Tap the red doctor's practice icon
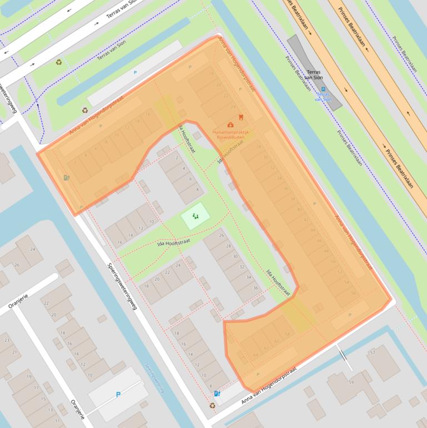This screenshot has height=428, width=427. pos(230,125)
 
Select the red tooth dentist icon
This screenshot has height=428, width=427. pos(240,117)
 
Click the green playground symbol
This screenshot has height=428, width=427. pos(195,216)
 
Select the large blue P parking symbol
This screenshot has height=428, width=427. pos(118,395)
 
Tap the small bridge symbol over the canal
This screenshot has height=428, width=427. pos(345,356)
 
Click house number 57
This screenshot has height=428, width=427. pos(372,352)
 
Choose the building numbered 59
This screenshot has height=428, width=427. pos(351,382)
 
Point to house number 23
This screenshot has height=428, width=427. pos(7,340)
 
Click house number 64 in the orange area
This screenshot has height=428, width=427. pos(256,355)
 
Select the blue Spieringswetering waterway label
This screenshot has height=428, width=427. pos(155,379)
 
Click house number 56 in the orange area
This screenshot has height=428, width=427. pos(353,292)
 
